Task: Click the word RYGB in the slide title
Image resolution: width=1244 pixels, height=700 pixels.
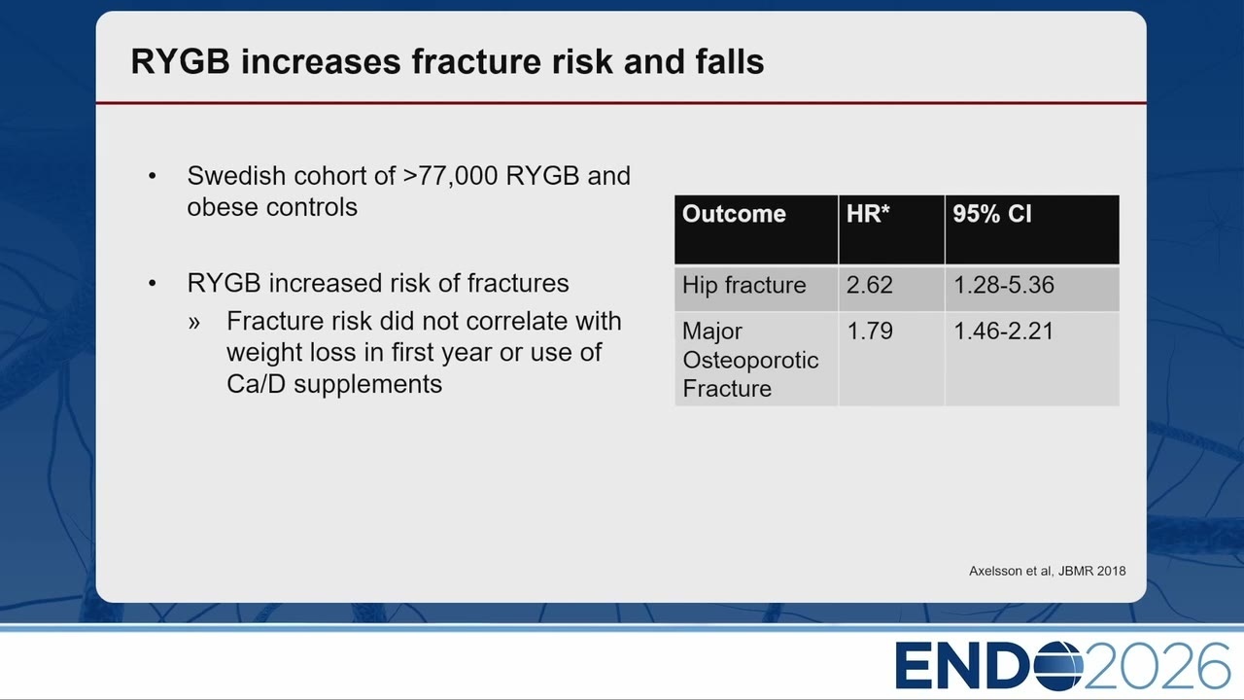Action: click(181, 61)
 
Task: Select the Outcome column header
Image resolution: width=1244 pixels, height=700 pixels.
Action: click(734, 214)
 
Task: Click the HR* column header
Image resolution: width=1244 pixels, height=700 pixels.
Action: click(868, 214)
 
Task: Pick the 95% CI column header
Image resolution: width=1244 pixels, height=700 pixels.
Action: click(992, 214)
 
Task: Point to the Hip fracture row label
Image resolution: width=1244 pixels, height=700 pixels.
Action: click(743, 285)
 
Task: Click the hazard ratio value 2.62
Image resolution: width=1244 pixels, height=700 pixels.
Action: click(870, 285)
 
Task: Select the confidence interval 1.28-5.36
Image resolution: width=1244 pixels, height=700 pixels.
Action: click(1004, 285)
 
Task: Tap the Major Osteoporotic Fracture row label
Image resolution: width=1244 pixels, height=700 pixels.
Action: click(750, 360)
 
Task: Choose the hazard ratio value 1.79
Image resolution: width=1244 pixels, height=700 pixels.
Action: click(870, 332)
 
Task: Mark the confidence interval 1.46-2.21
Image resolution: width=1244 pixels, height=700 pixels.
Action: click(1004, 332)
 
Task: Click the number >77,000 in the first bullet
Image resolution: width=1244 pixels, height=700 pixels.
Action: click(450, 176)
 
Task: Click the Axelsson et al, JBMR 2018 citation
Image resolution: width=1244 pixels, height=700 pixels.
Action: click(1048, 571)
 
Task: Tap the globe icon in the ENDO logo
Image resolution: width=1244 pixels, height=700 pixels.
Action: click(1058, 666)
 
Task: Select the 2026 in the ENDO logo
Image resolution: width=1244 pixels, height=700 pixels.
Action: click(1157, 666)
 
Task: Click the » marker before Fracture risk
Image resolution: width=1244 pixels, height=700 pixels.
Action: click(193, 322)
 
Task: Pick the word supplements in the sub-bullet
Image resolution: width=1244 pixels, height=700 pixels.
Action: click(367, 384)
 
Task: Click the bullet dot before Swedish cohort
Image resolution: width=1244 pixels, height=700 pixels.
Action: click(153, 176)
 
